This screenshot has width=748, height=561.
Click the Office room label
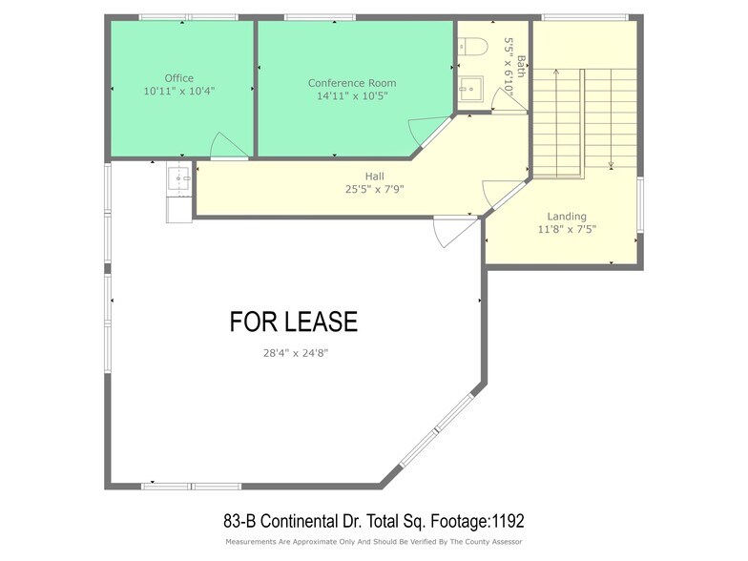click(x=178, y=78)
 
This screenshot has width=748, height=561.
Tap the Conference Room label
click(x=352, y=83)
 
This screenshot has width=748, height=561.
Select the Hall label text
click(x=374, y=177)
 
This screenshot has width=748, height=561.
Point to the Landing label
click(x=567, y=217)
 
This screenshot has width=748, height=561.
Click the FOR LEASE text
click(x=294, y=322)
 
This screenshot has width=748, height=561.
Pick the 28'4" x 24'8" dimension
click(x=302, y=353)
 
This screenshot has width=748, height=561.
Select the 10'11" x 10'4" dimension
click(x=178, y=92)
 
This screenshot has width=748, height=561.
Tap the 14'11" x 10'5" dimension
click(x=352, y=95)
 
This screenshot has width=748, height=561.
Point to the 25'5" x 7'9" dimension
click(x=375, y=189)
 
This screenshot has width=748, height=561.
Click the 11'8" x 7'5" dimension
click(x=567, y=229)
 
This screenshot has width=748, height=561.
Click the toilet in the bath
click(x=472, y=45)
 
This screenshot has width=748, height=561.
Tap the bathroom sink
click(x=468, y=91)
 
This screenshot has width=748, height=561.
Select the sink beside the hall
click(x=179, y=177)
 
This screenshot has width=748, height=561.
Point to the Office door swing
click(x=228, y=146)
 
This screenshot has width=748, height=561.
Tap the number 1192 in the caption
click(x=505, y=522)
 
